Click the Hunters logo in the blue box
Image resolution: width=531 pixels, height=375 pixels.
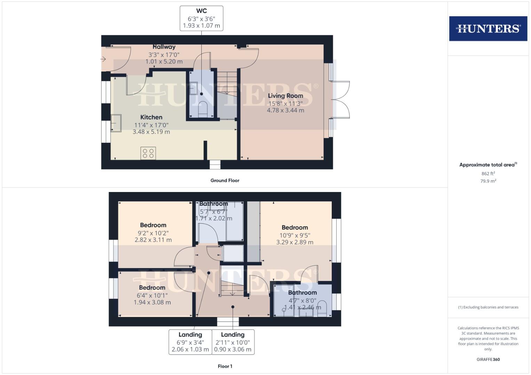(488, 28)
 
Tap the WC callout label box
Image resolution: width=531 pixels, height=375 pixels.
(201, 18)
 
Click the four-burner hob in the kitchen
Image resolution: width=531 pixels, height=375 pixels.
(148, 153)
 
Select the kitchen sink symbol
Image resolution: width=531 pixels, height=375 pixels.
(116, 123)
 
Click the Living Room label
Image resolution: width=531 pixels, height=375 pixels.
(285, 96)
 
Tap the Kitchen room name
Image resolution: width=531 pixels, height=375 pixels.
(151, 117)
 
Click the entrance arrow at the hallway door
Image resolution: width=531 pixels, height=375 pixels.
(103, 59)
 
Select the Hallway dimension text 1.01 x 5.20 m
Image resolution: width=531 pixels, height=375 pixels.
(164, 61)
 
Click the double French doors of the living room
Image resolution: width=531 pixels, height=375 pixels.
(341, 100)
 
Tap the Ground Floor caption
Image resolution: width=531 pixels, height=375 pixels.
(225, 181)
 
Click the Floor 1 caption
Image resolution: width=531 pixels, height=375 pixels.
(225, 366)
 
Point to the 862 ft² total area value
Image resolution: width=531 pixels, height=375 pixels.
(488, 174)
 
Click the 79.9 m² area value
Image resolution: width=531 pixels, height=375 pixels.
(488, 181)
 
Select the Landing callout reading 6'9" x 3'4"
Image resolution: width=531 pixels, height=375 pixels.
(190, 342)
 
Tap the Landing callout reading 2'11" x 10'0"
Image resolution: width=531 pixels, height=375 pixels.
(233, 342)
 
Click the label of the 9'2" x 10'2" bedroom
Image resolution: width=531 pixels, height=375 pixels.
(153, 225)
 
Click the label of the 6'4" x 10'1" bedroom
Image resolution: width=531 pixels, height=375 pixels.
(152, 288)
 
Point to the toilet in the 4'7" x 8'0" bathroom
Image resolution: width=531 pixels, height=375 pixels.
(322, 309)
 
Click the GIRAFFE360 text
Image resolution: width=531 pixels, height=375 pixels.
(488, 359)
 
